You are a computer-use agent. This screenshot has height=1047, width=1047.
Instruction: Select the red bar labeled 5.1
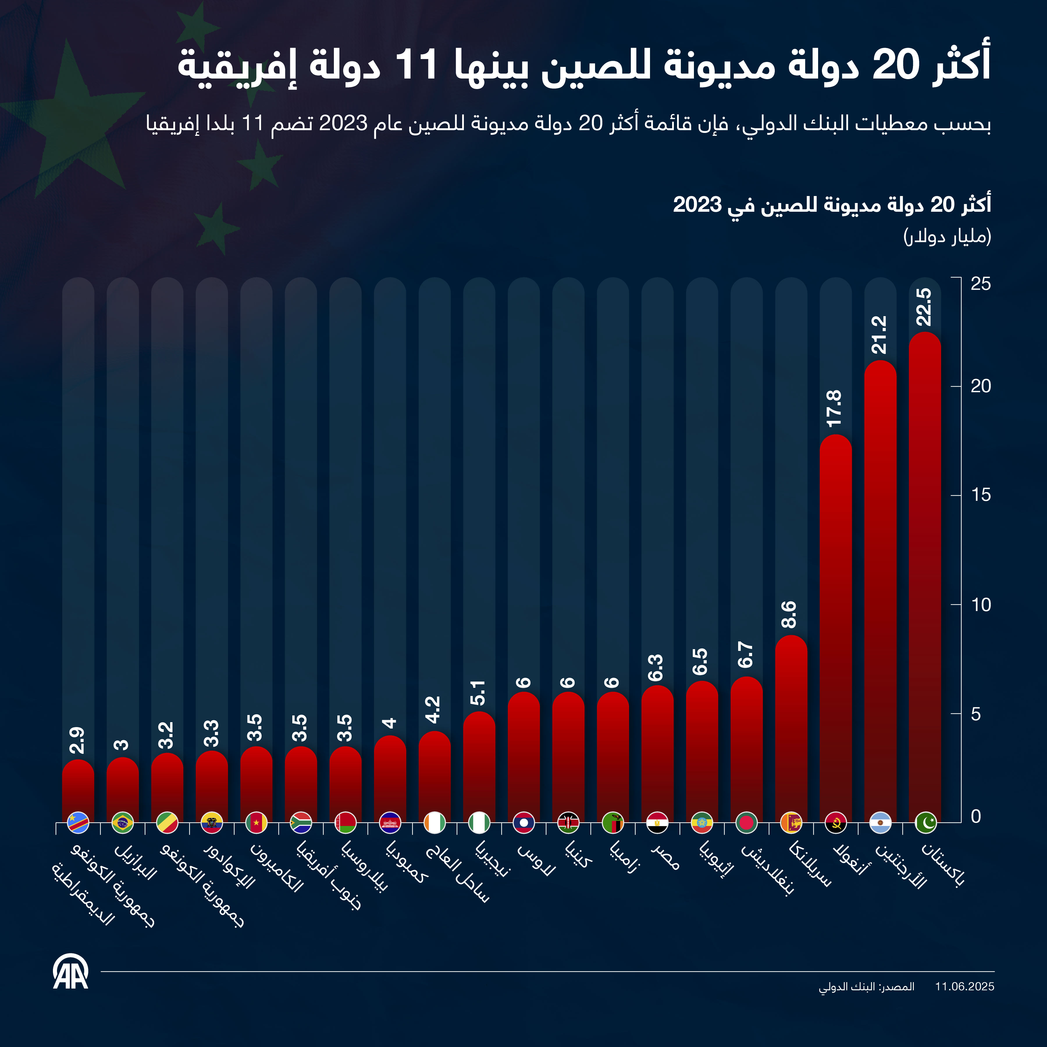coord(479,764)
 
